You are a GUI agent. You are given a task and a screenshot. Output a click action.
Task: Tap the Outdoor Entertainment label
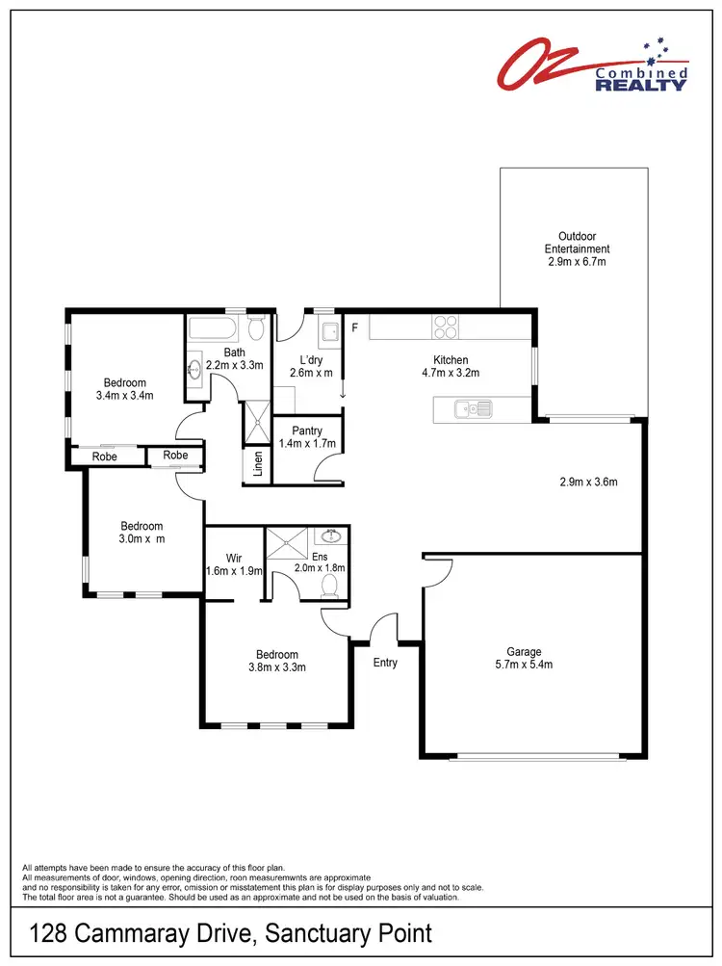[577, 248]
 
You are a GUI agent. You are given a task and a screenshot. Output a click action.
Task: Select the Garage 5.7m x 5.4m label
[525, 657]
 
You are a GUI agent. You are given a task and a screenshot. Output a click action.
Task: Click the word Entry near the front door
[385, 663]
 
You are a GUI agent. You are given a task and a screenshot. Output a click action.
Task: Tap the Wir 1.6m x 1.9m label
[234, 564]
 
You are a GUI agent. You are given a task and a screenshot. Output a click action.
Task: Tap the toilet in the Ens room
[332, 585]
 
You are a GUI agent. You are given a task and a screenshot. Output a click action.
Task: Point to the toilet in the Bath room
[256, 329]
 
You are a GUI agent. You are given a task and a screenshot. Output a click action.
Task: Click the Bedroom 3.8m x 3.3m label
[277, 661]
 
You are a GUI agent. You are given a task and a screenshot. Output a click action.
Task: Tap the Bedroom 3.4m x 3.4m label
[125, 388]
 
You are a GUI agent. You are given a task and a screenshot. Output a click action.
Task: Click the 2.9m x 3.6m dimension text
[588, 482]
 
